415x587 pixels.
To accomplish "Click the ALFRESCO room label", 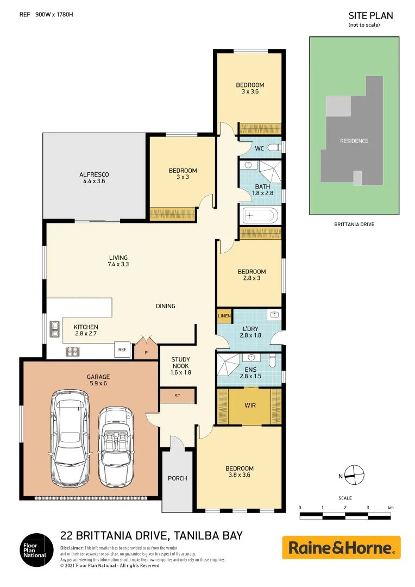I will [94, 174].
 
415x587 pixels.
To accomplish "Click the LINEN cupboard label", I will [224, 316].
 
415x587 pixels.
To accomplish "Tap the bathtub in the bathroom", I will [260, 216].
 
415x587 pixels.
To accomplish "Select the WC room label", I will [259, 148].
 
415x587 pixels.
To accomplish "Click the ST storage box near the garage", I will [177, 396].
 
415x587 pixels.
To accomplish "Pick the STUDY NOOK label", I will [180, 366].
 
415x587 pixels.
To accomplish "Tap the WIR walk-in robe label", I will [250, 405].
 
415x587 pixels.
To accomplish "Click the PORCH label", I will [177, 478].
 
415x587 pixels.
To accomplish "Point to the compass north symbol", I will [353, 475].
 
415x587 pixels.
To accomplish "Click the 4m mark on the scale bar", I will [389, 508].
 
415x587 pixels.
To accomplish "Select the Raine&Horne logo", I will [341, 547].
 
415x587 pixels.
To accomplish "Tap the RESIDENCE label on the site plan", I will [354, 141].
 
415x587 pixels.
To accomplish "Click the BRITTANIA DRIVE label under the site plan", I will [354, 224].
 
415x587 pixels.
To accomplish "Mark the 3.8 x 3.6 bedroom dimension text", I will [239, 475].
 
